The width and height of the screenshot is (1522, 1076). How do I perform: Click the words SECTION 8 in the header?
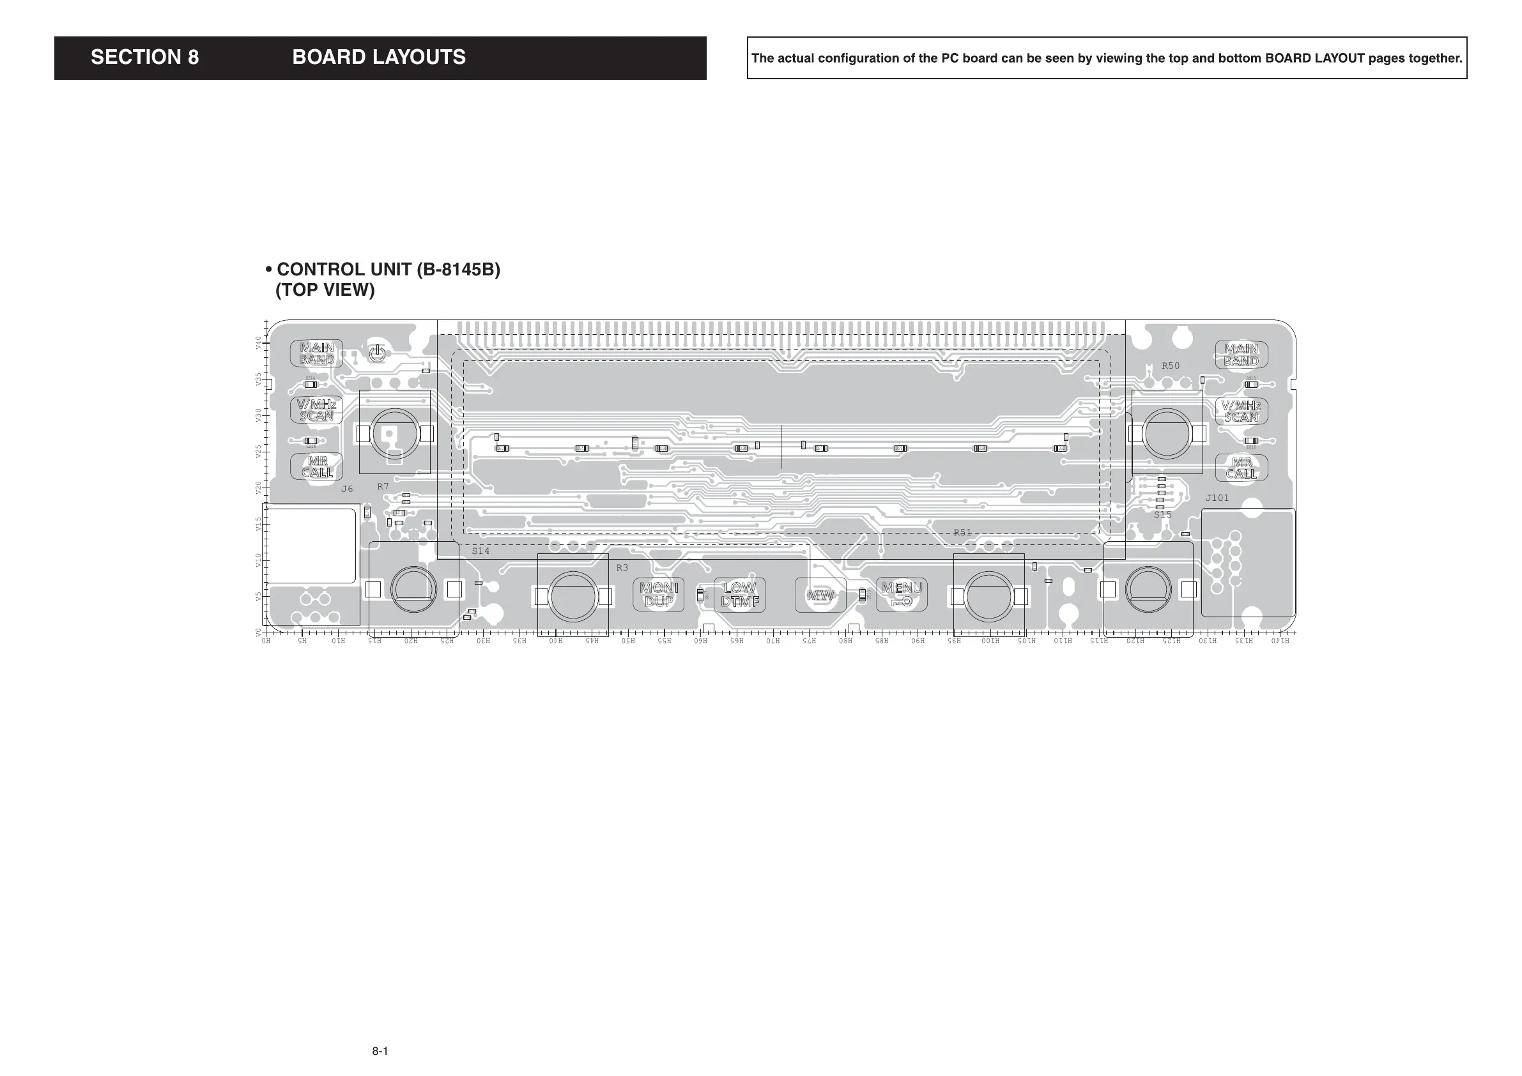(x=144, y=58)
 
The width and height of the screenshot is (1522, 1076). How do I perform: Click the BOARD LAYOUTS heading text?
(x=378, y=58)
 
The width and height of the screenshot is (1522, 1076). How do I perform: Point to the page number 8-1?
(x=380, y=1051)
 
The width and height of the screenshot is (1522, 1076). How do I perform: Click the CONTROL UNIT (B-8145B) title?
(x=388, y=270)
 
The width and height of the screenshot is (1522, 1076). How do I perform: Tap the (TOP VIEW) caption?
(x=325, y=290)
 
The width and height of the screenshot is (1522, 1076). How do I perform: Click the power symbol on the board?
(x=376, y=353)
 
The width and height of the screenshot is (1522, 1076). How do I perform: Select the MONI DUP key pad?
(x=658, y=595)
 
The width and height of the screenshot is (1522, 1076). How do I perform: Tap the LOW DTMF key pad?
(x=740, y=595)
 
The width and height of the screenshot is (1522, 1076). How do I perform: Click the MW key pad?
(x=820, y=596)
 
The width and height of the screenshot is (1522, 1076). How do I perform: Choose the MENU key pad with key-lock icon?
(x=902, y=595)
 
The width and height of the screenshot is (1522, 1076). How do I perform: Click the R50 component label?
(x=1171, y=366)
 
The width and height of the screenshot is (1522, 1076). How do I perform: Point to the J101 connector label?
(x=1217, y=498)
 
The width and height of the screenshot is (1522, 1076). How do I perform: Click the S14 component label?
(x=480, y=551)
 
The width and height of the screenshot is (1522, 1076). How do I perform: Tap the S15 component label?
(x=1163, y=514)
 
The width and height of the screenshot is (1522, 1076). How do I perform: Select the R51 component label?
(x=962, y=532)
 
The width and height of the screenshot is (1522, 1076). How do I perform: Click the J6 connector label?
(x=347, y=489)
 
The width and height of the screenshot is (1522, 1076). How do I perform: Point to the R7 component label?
(x=383, y=487)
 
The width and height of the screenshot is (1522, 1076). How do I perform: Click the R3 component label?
(x=622, y=568)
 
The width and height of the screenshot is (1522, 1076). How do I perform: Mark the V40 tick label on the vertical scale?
(x=259, y=342)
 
